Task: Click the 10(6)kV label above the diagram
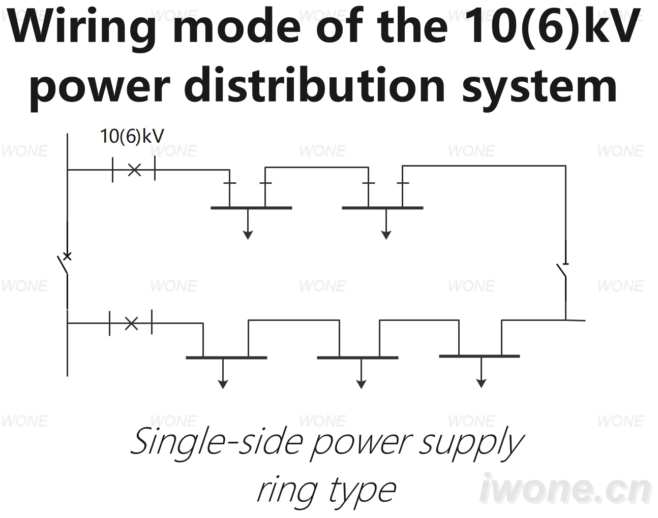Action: point(132,136)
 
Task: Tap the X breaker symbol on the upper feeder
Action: point(135,170)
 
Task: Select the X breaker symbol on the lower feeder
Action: point(132,323)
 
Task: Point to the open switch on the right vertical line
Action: point(562,271)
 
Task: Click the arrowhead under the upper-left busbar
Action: point(248,235)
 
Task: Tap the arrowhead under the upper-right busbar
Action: point(386,235)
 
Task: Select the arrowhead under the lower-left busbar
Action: point(223,385)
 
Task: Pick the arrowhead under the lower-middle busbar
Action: point(362,385)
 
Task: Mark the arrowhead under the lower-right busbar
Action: point(481,383)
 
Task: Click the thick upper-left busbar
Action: point(251,208)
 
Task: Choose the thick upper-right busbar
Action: point(382,208)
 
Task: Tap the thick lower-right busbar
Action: point(480,356)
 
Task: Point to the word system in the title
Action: point(540,86)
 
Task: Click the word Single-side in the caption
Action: point(217,442)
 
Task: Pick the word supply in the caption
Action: point(471,445)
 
